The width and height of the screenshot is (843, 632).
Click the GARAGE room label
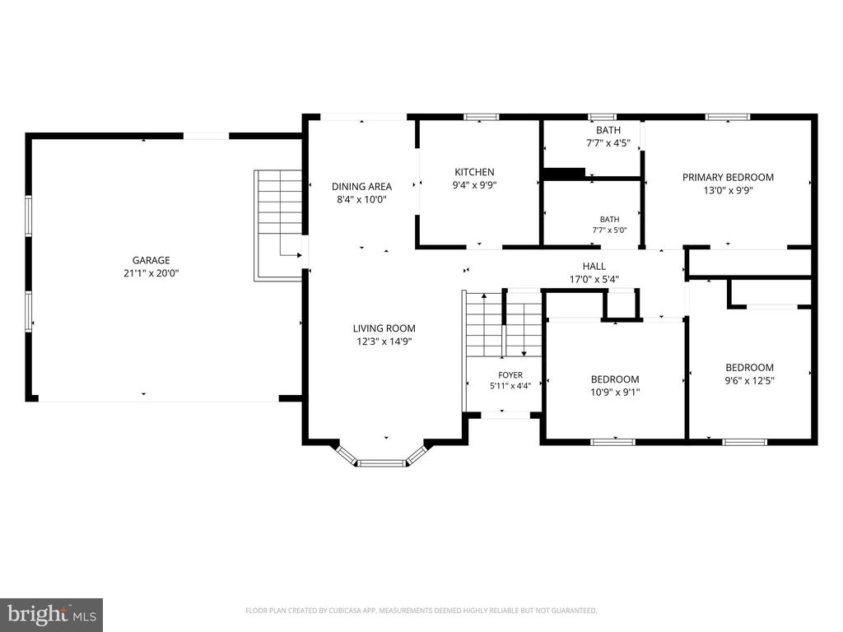[x=151, y=260]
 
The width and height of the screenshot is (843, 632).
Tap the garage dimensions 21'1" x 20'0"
[x=151, y=273]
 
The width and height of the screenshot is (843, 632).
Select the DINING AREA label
[x=361, y=187]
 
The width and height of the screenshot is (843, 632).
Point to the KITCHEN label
[x=474, y=172]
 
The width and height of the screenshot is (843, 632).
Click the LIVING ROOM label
[x=384, y=328]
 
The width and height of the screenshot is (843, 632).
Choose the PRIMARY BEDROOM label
[x=728, y=178]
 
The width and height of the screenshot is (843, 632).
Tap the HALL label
[x=594, y=266]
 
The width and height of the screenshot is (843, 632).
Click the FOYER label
[x=510, y=375]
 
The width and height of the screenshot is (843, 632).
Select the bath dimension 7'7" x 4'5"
[x=608, y=143]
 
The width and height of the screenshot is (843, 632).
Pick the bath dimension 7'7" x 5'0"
[x=610, y=230]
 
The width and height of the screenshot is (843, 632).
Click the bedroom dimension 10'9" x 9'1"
[x=615, y=393]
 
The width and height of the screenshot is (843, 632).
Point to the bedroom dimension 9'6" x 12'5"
[x=749, y=380]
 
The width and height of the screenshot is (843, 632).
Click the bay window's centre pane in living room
[x=382, y=463]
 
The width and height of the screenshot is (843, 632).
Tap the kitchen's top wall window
[x=481, y=117]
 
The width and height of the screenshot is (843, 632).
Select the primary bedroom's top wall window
[x=728, y=117]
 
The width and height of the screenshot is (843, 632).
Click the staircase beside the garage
[x=278, y=225]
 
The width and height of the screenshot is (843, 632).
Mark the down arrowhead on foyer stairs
[x=524, y=354]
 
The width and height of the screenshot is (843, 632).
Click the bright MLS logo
[x=52, y=615]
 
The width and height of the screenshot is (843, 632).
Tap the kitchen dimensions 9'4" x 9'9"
[x=474, y=185]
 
